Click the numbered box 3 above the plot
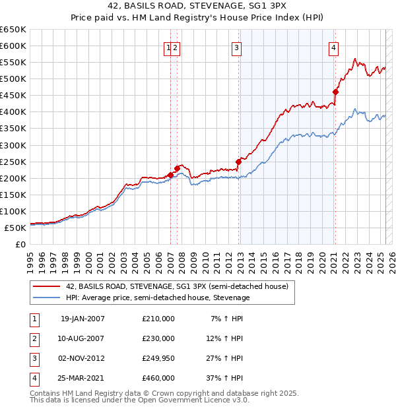point(236,47)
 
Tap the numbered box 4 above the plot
point(335,47)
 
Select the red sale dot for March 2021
point(335,92)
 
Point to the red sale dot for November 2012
point(238,161)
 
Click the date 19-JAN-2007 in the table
point(82,319)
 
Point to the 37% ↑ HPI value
point(228,378)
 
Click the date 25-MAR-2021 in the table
point(82,378)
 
